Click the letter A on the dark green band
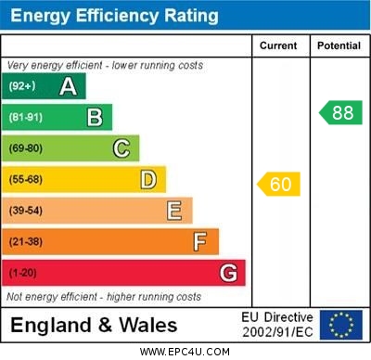[68, 86]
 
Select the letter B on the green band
[95, 117]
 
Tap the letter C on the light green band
[122, 148]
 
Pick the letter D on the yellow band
[148, 179]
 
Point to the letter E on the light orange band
[174, 211]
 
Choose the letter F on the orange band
[200, 242]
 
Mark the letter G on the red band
[227, 274]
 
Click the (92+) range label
[21, 86]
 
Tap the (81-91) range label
[26, 117]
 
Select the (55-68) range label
[26, 179]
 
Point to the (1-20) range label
[23, 274]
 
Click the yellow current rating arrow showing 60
[279, 184]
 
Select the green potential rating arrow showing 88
[340, 113]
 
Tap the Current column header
[278, 45]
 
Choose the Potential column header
[339, 45]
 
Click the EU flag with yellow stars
[340, 325]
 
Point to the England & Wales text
[94, 325]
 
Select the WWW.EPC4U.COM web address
[185, 352]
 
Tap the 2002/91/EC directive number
[277, 331]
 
